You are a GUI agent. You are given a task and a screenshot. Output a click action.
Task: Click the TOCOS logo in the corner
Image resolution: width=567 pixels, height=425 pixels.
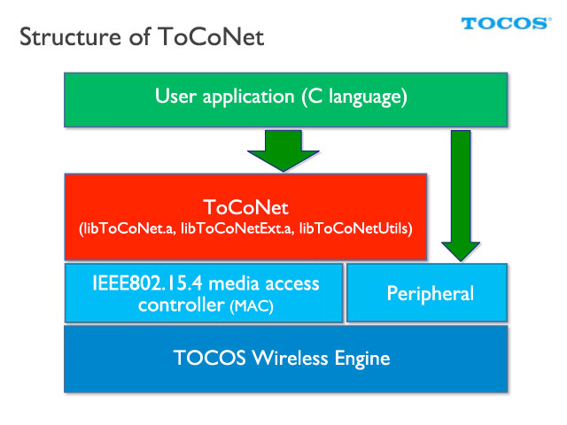tap(506, 24)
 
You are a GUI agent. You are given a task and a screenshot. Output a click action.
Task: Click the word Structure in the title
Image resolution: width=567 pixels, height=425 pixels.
tap(70, 37)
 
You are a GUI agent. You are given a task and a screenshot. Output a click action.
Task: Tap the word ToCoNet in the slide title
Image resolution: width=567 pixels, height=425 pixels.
tap(211, 37)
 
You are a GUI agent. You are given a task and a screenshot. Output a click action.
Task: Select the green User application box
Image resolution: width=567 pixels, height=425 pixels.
tap(285, 100)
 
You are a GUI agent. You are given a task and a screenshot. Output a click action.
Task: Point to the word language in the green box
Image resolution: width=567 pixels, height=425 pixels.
tap(369, 97)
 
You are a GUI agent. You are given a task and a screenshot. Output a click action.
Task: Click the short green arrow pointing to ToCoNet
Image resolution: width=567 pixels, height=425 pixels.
tap(283, 151)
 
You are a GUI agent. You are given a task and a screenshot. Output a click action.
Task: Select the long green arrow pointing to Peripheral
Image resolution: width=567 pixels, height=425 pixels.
tap(461, 196)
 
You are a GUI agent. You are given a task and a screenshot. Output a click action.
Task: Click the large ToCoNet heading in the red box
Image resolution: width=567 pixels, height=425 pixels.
tap(246, 207)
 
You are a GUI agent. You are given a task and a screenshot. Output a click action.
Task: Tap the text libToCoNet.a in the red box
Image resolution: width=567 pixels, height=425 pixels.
tap(128, 228)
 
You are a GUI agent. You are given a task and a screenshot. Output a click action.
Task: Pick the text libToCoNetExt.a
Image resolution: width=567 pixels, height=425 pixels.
tap(237, 228)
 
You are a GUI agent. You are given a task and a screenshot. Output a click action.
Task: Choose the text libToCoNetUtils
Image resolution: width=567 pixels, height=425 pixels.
tap(354, 228)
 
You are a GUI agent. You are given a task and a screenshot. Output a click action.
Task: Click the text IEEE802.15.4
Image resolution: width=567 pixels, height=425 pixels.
tap(148, 283)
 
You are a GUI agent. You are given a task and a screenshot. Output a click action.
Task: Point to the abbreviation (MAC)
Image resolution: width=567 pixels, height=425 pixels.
tap(252, 306)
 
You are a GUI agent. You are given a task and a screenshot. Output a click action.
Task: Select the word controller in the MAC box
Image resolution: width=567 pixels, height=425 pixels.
tap(182, 305)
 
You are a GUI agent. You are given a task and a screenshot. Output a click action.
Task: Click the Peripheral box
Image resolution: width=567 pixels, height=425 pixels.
tap(427, 293)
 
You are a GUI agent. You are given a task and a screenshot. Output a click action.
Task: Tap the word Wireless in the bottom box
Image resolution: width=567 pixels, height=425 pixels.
tap(291, 358)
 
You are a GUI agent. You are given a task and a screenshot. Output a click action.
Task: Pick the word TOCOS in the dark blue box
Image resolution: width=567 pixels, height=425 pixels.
tap(210, 358)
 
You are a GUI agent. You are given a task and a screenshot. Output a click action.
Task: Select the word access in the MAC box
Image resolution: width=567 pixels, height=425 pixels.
tap(292, 284)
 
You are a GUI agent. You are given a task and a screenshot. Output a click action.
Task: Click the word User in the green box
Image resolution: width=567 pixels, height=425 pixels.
tap(175, 97)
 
